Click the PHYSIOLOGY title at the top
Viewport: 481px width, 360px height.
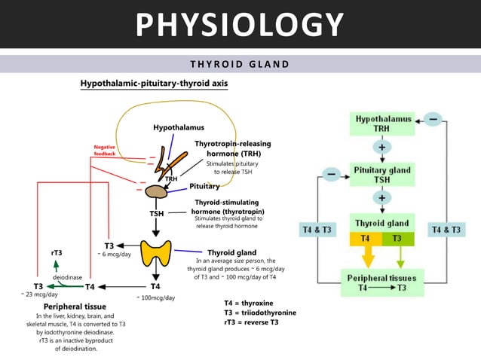tap(240, 25)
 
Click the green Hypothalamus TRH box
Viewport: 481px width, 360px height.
tap(384, 124)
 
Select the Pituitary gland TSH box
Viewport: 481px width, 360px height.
tap(382, 175)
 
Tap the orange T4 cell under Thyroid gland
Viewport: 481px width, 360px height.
tap(366, 239)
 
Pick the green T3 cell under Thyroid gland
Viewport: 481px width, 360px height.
tap(399, 239)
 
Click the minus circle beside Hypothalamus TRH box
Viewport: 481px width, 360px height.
tap(434, 119)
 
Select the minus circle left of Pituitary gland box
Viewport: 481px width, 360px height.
tap(332, 175)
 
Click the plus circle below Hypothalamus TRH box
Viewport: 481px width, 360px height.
tap(383, 148)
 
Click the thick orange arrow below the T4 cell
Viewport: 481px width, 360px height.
tap(366, 258)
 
